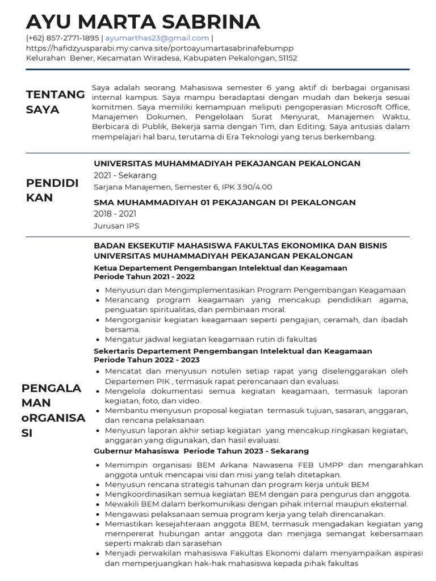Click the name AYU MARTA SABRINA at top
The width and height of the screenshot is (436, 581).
(143, 22)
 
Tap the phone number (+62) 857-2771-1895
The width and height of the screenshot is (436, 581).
(62, 38)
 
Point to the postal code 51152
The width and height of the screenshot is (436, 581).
(287, 58)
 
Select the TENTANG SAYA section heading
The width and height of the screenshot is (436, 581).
(55, 102)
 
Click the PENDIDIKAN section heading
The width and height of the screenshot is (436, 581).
(52, 190)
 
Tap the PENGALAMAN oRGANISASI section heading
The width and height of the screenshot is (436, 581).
(53, 410)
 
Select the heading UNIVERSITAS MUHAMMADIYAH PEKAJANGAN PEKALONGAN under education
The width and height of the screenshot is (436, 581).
(227, 163)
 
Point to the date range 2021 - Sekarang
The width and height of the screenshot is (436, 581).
(125, 175)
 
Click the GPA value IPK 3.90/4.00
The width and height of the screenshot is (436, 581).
(246, 187)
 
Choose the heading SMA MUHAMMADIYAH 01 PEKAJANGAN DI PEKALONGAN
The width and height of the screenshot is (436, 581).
(225, 203)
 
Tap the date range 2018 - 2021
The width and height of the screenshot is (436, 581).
(115, 214)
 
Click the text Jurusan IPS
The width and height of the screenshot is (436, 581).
(116, 226)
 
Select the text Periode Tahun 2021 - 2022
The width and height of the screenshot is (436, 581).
(144, 277)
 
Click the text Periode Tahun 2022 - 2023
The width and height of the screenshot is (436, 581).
(146, 360)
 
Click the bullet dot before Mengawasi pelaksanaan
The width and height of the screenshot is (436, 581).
(99, 514)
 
